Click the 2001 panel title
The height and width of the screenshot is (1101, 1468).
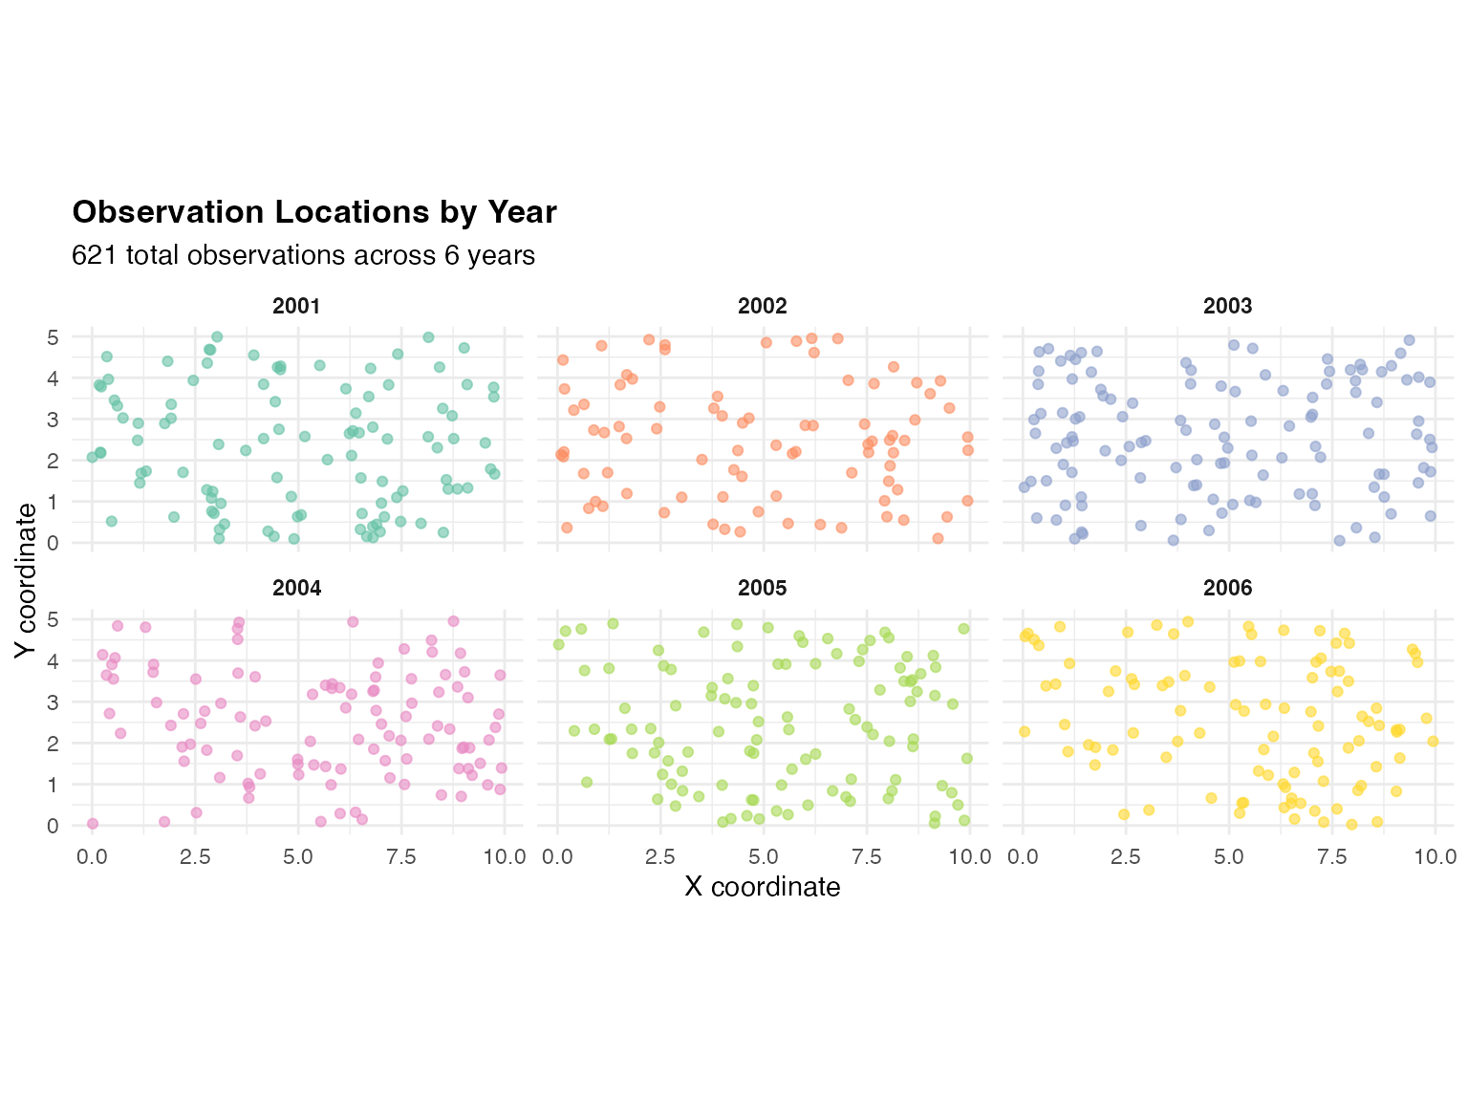tap(296, 307)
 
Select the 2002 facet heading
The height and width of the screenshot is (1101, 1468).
tap(762, 307)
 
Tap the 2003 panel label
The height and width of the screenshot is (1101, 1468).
tap(1227, 307)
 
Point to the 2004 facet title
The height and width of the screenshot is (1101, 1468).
tap(296, 589)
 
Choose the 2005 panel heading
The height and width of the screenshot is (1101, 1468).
tap(762, 589)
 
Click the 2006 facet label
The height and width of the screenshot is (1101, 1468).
tap(1227, 589)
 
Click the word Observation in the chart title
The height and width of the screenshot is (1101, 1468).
tap(167, 212)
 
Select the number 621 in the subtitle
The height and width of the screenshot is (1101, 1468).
tap(95, 255)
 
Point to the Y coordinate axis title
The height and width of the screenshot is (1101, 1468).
tap(26, 580)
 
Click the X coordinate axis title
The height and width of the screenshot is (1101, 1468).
tap(762, 887)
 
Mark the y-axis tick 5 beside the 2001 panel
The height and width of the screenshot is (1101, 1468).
tap(54, 337)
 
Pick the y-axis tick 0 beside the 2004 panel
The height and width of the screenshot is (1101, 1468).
tap(54, 826)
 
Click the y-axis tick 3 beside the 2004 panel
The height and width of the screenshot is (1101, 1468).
tap(54, 702)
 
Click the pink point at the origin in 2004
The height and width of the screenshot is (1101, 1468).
tap(93, 824)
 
